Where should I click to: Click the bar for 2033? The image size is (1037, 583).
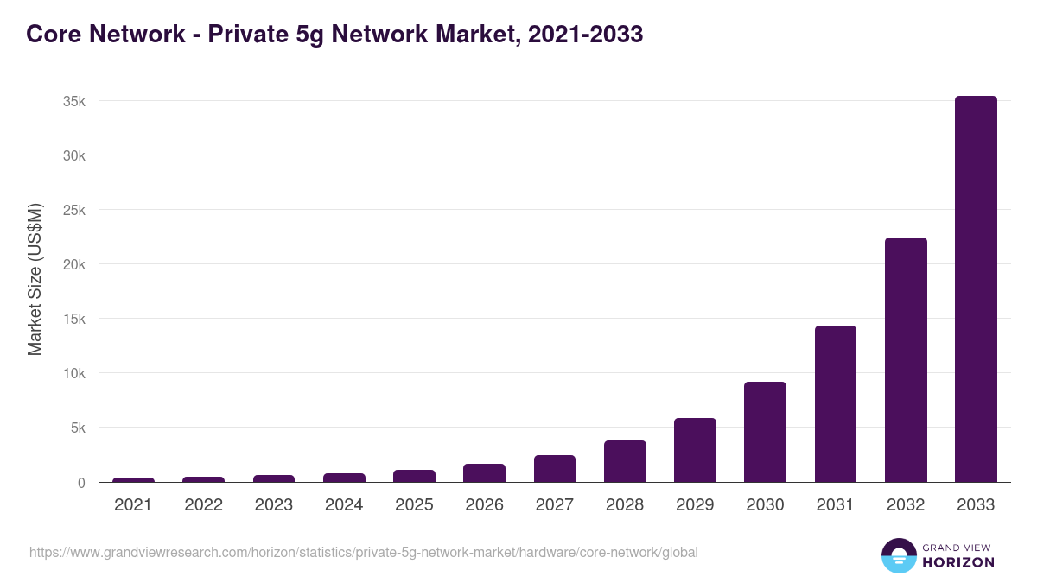(976, 289)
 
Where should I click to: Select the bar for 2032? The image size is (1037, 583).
(906, 360)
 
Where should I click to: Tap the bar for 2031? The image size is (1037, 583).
(835, 404)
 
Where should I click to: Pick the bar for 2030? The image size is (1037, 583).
(765, 432)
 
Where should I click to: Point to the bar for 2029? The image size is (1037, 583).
(695, 450)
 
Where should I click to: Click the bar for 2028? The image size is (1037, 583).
(625, 461)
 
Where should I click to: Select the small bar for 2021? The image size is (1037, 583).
(133, 480)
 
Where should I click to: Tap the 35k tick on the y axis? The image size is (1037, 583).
(73, 101)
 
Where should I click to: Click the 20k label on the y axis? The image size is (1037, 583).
(73, 264)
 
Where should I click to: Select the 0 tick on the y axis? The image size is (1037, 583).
(81, 483)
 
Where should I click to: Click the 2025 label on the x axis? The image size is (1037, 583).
(414, 505)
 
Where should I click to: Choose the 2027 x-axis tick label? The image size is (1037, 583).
(554, 505)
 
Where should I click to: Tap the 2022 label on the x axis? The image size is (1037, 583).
(203, 505)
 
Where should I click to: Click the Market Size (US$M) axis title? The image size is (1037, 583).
(35, 279)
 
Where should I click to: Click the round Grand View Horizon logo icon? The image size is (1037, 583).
(898, 555)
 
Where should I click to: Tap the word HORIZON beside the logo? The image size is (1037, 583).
(957, 562)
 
